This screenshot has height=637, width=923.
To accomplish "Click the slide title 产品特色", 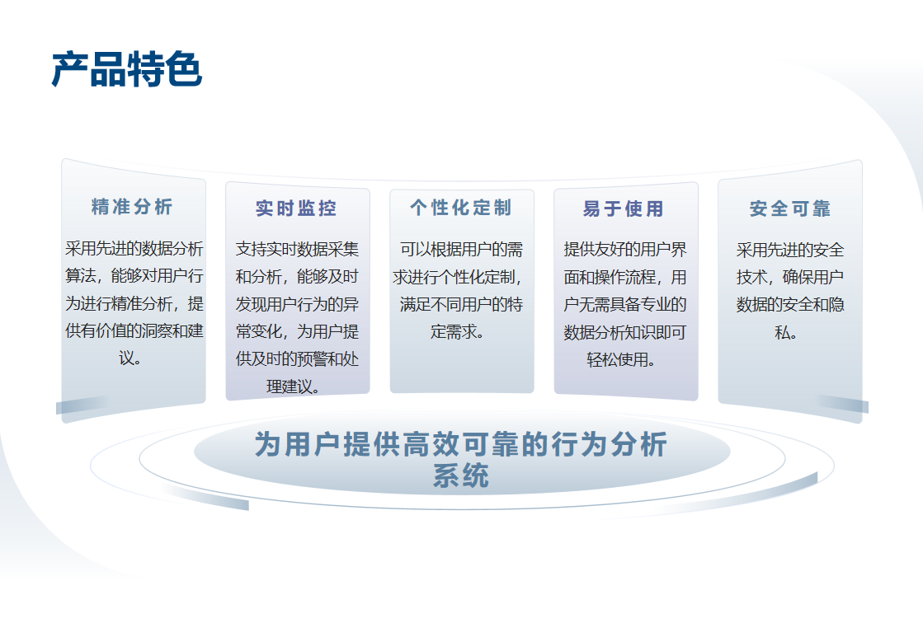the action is pos(127,69).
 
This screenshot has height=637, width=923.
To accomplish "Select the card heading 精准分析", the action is pos(132,207).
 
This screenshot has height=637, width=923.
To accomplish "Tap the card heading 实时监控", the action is pos(296,208).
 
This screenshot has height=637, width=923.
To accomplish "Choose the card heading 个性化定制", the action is pos(461,208).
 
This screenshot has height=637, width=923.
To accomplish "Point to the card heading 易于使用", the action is pos(624,208).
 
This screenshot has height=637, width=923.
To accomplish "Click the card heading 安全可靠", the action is pos(790,208).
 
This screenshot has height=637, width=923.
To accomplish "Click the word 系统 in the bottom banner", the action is pos(461,475).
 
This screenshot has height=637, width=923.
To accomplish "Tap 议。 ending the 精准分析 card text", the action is pos(130,358).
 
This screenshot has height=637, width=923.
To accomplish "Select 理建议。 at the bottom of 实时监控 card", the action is pos(293,386).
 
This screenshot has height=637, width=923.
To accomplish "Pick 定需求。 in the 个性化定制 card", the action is pos(458,332).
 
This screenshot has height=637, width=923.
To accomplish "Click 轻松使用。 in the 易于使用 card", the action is pos(621,359).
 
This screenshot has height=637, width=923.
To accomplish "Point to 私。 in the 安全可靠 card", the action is pos(786,332).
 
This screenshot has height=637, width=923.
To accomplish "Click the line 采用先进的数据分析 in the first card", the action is pos(134,248).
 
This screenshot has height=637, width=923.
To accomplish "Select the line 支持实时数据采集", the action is pos(297,250).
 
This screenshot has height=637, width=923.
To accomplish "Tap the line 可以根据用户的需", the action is pos(462,250).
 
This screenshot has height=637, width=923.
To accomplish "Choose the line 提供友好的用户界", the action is pos(625,250).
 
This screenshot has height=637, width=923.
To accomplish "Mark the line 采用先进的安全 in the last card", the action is pos(790,250).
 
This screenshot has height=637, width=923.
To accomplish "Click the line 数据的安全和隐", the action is pos(790,305).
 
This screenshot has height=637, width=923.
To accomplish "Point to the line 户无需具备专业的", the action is pos(625,305).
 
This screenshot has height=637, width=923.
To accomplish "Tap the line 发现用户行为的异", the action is pos(297,304).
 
